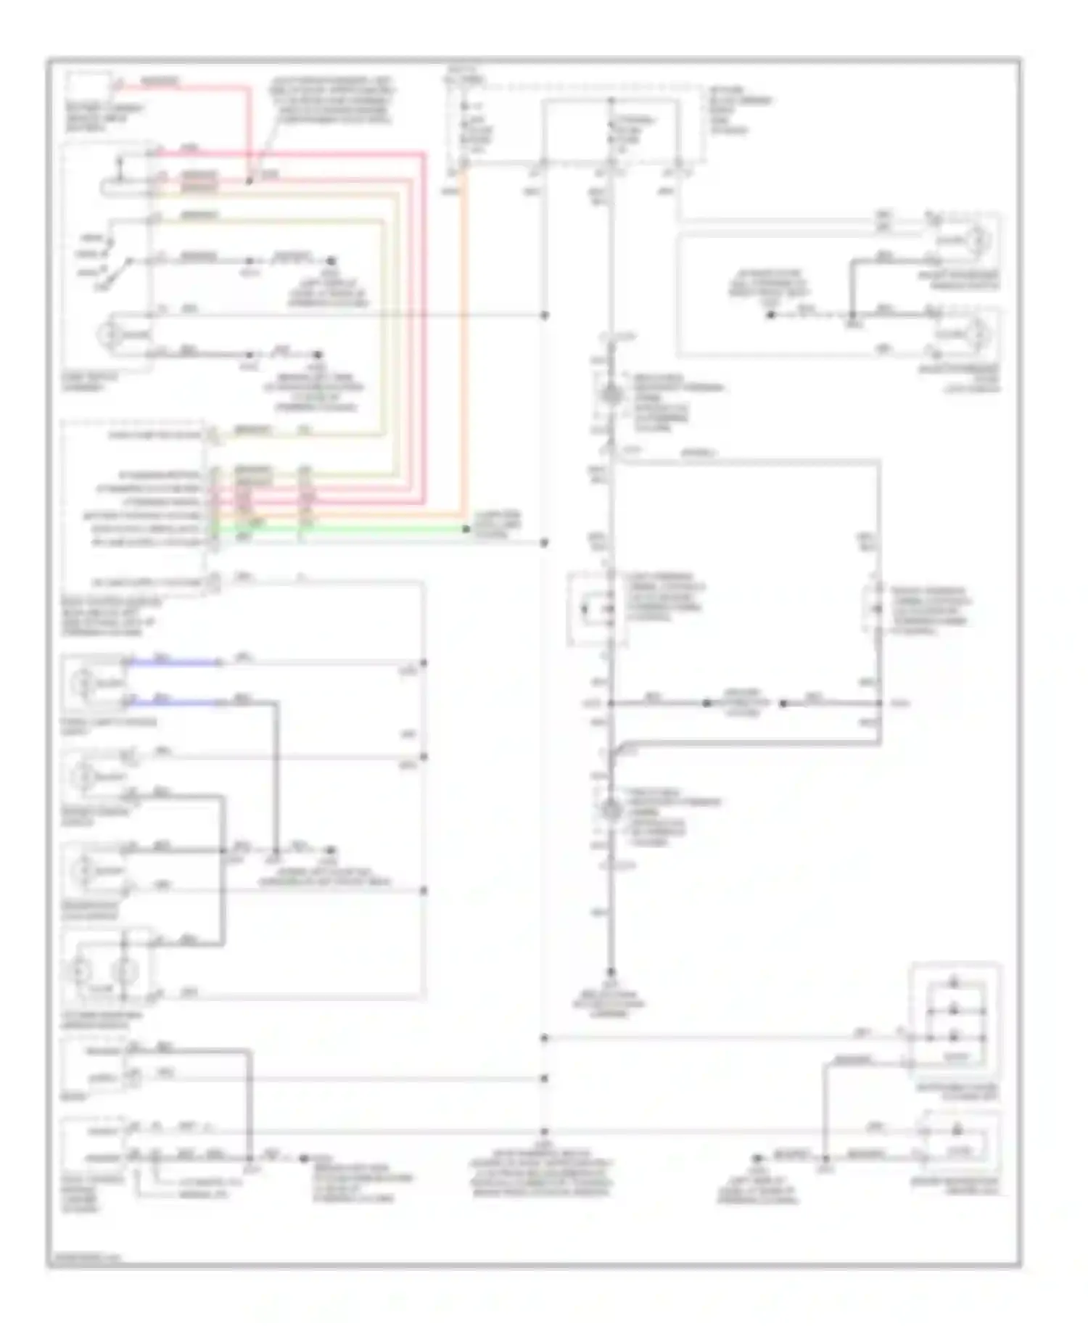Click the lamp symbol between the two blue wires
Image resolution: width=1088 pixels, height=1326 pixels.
point(82,683)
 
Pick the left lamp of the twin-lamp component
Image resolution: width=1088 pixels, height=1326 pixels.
point(81,969)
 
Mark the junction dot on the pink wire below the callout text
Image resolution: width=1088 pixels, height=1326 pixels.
point(248,181)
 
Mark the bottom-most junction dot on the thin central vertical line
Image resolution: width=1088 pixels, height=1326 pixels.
point(544,1131)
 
